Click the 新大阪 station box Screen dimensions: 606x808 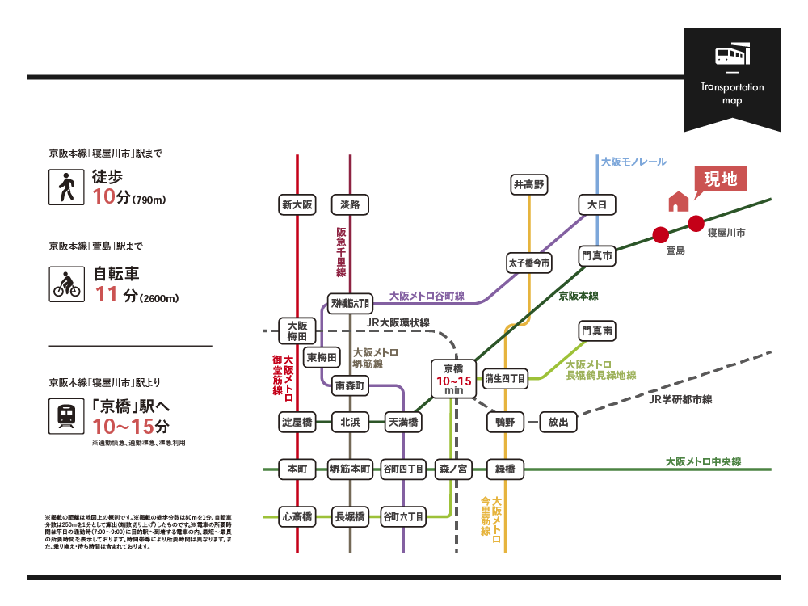[x=297, y=205]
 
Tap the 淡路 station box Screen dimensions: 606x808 [x=350, y=205]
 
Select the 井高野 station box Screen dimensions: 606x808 [x=529, y=185]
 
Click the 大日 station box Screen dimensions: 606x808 [x=597, y=205]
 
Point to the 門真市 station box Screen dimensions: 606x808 [x=597, y=256]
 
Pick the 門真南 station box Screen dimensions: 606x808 [x=597, y=330]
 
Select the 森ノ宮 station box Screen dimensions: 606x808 [x=453, y=469]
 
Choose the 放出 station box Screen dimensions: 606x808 [x=558, y=422]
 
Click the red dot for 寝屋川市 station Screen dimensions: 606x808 [x=696, y=223]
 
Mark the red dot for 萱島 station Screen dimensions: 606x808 [x=660, y=235]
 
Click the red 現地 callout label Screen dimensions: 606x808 [x=721, y=179]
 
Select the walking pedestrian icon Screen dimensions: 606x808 [x=66, y=187]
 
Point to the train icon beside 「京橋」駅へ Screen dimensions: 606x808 [x=66, y=414]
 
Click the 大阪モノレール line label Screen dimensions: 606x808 [x=634, y=162]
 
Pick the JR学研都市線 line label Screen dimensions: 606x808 [x=680, y=399]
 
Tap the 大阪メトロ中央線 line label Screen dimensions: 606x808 [x=703, y=462]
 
